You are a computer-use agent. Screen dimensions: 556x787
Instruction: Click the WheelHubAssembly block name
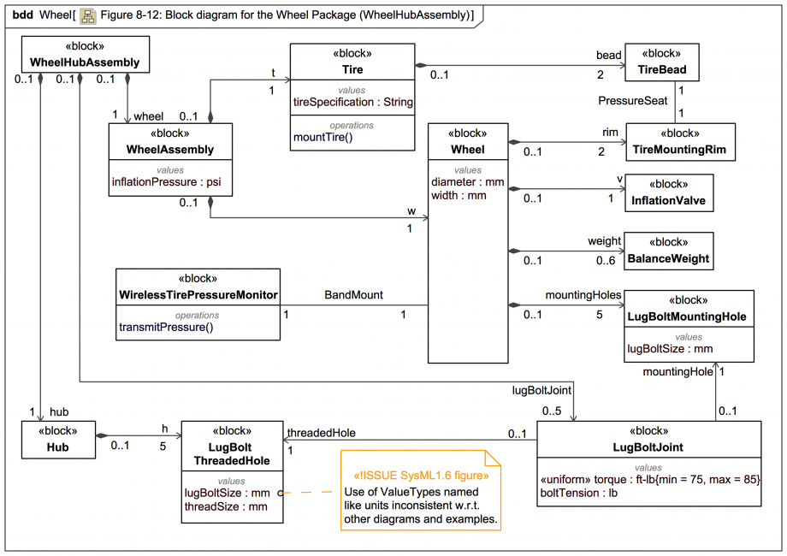[x=85, y=62]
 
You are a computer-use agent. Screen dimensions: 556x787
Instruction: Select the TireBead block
[x=661, y=62]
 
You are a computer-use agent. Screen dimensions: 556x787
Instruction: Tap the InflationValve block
[x=668, y=193]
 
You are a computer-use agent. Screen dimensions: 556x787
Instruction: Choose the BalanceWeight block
[x=668, y=251]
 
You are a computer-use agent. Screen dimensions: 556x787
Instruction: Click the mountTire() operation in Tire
[x=322, y=137]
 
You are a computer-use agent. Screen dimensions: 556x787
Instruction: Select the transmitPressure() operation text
[x=166, y=327]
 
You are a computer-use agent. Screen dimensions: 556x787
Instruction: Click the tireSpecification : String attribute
[x=353, y=102]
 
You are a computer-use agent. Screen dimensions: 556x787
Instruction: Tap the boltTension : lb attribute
[x=577, y=494]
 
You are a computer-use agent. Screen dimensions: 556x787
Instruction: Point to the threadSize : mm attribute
[x=226, y=506]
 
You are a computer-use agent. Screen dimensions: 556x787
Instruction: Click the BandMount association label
[x=353, y=295]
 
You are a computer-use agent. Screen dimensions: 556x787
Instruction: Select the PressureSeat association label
[x=632, y=101]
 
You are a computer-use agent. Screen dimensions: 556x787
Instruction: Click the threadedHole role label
[x=321, y=433]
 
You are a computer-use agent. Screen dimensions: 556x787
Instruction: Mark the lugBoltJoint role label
[x=541, y=389]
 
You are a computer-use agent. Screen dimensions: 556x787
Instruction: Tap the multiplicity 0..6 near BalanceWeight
[x=606, y=261]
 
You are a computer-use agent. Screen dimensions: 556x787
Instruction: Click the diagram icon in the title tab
[x=87, y=15]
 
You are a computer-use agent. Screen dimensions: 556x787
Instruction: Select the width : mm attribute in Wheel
[x=459, y=195]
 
